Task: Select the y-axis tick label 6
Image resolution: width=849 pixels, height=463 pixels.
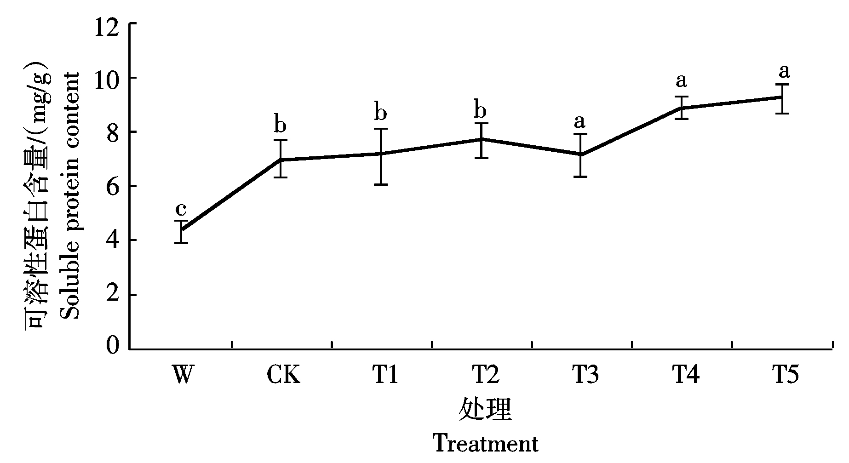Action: [x=112, y=186]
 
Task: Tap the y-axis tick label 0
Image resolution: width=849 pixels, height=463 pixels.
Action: [x=112, y=346]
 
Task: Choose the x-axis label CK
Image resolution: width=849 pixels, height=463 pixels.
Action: [x=283, y=374]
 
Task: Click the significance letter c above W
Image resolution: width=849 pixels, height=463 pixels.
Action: [x=181, y=209]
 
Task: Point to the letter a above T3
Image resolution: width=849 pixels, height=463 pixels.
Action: [x=580, y=121]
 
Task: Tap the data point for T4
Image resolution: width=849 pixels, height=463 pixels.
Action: [x=682, y=108]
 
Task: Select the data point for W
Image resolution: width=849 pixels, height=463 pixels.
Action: [x=181, y=231]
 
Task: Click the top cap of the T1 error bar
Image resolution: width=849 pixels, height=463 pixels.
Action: [x=381, y=129]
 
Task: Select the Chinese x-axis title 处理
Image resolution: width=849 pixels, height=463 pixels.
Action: [x=485, y=409]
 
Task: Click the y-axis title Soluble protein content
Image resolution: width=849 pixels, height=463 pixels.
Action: [x=69, y=195]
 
